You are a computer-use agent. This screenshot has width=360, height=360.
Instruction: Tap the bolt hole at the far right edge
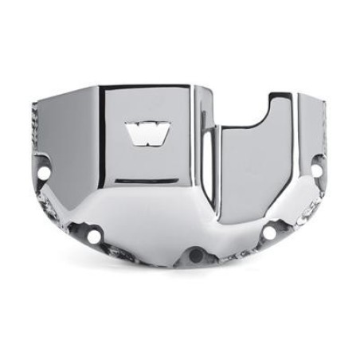[315, 170]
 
